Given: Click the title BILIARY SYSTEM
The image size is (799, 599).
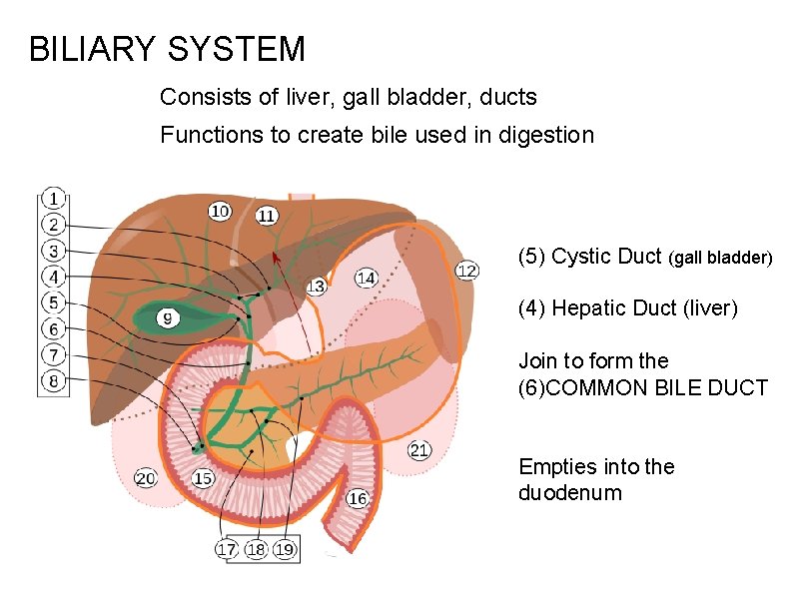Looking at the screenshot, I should coord(167,49).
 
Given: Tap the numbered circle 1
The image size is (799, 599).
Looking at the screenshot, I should coord(53,199).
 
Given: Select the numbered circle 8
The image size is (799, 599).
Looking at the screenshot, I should coord(53,380).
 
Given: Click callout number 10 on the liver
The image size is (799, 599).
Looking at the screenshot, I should coord(220,211).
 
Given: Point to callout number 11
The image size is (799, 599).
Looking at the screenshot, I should coord(268,216).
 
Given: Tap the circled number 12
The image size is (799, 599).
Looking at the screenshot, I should coord(466,271).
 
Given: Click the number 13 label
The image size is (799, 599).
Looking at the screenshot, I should coord(316,287).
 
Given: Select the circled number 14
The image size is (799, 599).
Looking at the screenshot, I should coord(367,278).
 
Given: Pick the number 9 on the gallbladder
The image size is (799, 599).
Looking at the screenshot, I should coord(169,319).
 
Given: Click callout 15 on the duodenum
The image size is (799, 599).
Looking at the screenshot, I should coord(203,479).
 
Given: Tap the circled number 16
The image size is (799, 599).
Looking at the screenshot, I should coord(358,498).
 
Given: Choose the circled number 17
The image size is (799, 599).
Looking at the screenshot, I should coord(227,549).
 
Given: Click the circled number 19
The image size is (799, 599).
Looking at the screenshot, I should coord(285,549).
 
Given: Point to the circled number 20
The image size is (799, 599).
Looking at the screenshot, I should coord(146,479).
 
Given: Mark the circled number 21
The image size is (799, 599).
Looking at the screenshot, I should coord(419,451).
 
